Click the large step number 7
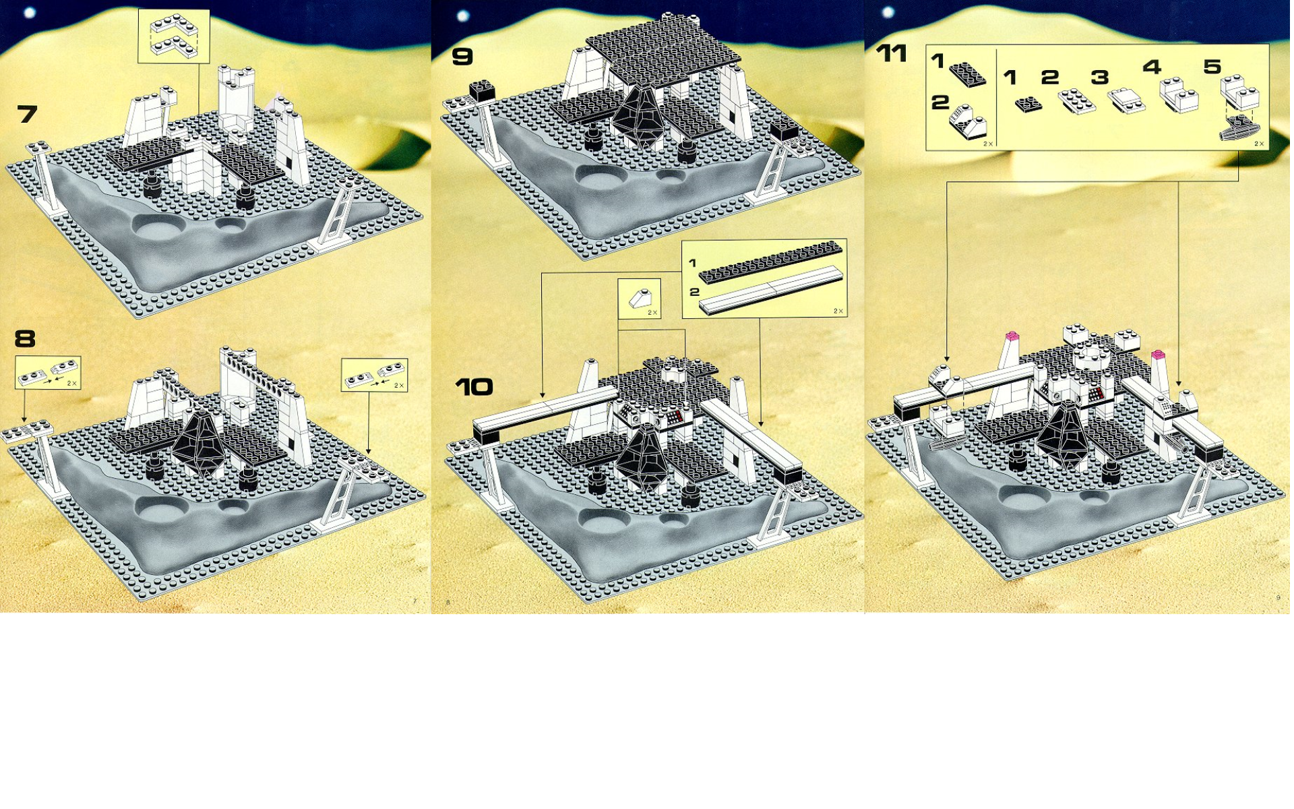[x=28, y=114]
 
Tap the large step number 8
[x=25, y=338]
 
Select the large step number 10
[x=474, y=387]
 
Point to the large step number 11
[x=892, y=53]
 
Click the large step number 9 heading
[x=462, y=57]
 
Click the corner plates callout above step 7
[x=174, y=36]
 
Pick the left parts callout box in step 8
[x=48, y=372]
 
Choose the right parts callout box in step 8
[x=374, y=375]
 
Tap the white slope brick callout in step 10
[x=639, y=299]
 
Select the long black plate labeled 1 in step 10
[x=770, y=262]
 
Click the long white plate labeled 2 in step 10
[x=770, y=290]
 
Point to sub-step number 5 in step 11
[x=1212, y=67]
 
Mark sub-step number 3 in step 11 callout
[x=1100, y=78]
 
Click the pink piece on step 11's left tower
[x=1012, y=336]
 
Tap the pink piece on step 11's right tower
[x=1158, y=354]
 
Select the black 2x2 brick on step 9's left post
[x=483, y=91]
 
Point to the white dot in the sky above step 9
[x=463, y=16]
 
